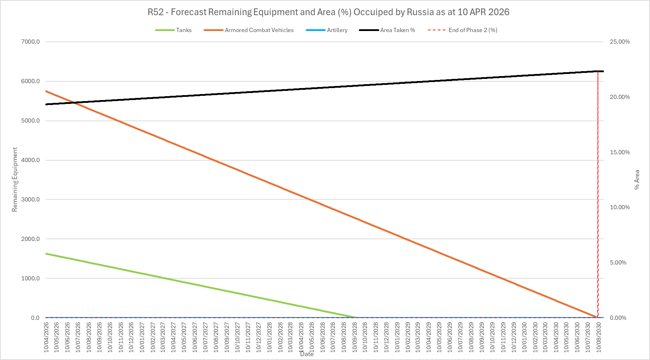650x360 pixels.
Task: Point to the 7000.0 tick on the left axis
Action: coord(31,42)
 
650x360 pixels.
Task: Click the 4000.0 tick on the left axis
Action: coord(31,160)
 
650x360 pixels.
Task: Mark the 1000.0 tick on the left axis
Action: coord(31,278)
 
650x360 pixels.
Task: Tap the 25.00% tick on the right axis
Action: coord(620,42)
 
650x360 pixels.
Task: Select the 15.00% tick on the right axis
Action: coord(620,152)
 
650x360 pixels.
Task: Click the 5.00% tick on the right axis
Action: coord(618,262)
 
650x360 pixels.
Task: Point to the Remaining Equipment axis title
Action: coord(14,180)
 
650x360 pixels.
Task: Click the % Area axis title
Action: coord(637,180)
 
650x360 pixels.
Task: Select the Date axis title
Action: coord(307,354)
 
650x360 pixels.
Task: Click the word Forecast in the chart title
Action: coord(189,12)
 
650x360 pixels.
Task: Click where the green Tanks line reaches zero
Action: coord(356,317)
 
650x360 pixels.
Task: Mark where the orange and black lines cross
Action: coord(73,103)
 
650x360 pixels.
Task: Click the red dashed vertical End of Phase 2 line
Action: coord(598,194)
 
